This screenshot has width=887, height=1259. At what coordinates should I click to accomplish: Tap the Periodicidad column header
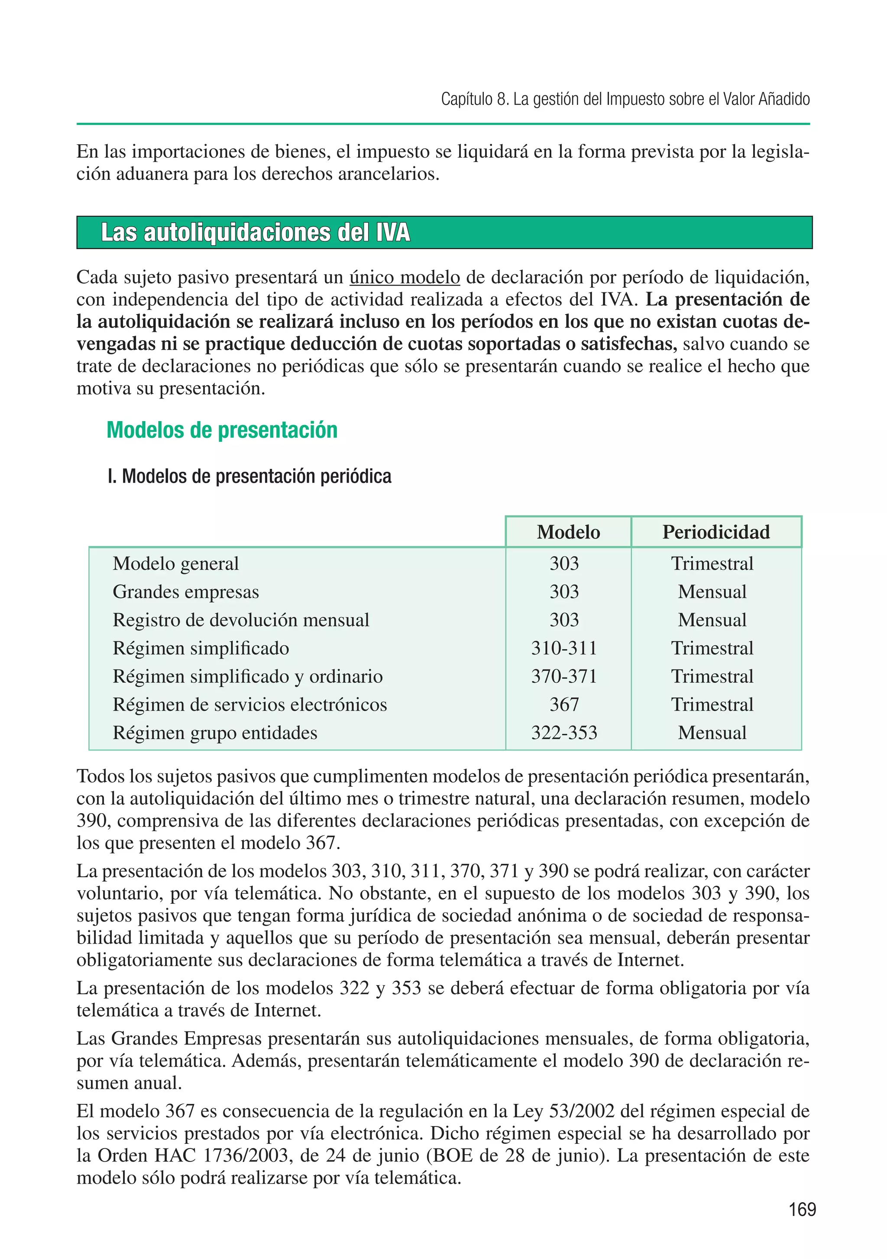(x=716, y=532)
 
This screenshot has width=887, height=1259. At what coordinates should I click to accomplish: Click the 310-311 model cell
(x=564, y=648)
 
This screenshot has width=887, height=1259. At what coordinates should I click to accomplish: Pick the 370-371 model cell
(x=564, y=676)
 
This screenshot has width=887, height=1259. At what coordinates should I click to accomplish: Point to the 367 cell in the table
(x=564, y=704)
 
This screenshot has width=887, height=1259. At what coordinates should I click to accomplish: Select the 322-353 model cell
(x=564, y=733)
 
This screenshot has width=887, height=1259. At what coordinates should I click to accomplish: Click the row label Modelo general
(x=175, y=564)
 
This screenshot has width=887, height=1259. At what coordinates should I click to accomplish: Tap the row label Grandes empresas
(x=185, y=592)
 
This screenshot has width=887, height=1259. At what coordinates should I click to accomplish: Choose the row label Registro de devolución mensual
(x=241, y=620)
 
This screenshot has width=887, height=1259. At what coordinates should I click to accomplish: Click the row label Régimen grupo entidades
(x=215, y=733)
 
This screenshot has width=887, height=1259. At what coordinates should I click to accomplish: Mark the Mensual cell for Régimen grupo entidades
(x=712, y=733)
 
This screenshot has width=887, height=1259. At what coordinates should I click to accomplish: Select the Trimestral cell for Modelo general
(x=712, y=564)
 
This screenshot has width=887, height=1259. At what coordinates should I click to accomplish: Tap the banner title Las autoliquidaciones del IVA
(x=256, y=233)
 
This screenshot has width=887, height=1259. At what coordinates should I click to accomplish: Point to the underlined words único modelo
(x=405, y=277)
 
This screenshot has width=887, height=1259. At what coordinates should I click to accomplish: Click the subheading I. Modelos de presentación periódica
(x=249, y=476)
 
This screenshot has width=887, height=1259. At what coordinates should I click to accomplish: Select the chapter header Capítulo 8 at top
(x=625, y=99)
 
